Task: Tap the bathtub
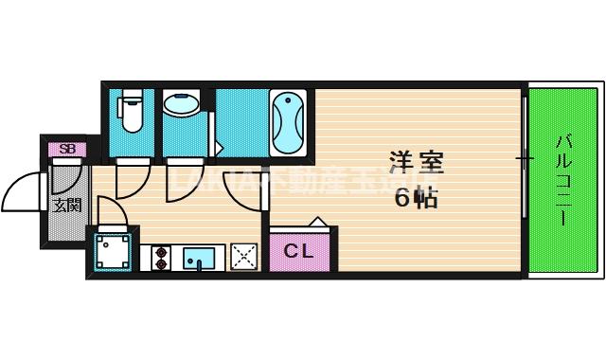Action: click(x=288, y=122)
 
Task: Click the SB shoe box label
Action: click(x=67, y=149)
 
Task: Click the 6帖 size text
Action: click(x=416, y=198)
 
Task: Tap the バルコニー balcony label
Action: click(x=562, y=180)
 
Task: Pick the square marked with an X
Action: click(x=243, y=257)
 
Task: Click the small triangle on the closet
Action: click(x=318, y=224)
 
